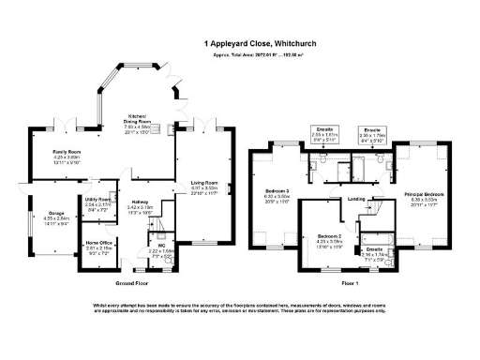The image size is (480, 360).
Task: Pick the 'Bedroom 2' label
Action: tap(330, 238)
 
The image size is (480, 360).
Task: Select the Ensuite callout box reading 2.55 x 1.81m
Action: tap(321, 132)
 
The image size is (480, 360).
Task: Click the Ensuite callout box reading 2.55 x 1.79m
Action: tap(374, 132)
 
